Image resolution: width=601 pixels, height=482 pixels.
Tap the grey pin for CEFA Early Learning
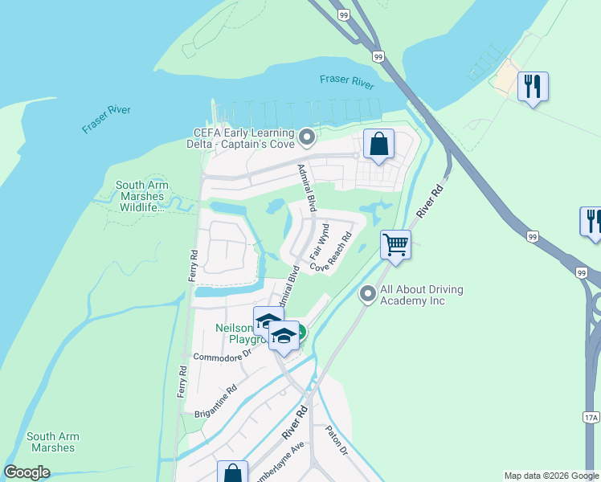pos(306,138)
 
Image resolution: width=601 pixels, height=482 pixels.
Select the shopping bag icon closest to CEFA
pos(378,145)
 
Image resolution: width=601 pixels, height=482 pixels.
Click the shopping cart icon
pos(395,244)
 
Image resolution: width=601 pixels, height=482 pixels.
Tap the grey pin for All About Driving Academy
pos(368,295)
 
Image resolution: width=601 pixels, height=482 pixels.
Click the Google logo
pos(27,472)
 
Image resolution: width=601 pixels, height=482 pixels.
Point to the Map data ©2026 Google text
pos(550,476)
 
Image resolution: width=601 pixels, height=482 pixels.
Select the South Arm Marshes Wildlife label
pos(141,196)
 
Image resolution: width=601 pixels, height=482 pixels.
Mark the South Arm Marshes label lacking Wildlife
pos(52,442)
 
